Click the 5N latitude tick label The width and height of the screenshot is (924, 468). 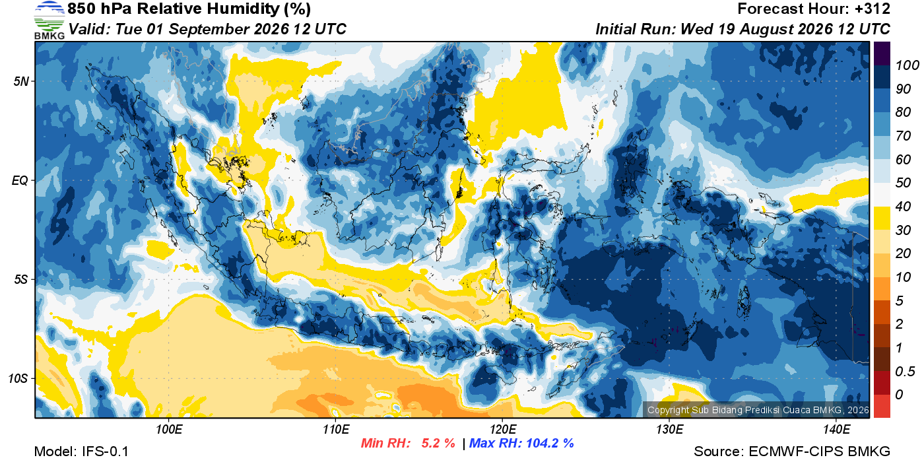pyautogui.click(x=21, y=81)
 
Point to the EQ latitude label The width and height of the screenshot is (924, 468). pyautogui.click(x=20, y=180)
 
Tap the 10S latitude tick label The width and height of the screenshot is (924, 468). pyautogui.click(x=18, y=378)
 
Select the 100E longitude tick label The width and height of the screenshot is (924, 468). pyautogui.click(x=169, y=429)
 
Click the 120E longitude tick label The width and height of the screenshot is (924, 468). pyautogui.click(x=502, y=429)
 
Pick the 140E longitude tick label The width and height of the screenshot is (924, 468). pyautogui.click(x=836, y=429)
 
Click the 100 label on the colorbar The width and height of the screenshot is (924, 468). pyautogui.click(x=907, y=65)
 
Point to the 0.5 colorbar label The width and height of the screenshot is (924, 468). pyautogui.click(x=905, y=372)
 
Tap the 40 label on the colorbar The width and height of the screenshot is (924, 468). pyautogui.click(x=903, y=207)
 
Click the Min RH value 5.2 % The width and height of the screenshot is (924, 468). pyautogui.click(x=438, y=443)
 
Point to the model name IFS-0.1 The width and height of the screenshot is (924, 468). pyautogui.click(x=105, y=451)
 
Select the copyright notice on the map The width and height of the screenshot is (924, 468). pyautogui.click(x=758, y=410)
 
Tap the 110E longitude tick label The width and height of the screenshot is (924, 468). pyautogui.click(x=336, y=429)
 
